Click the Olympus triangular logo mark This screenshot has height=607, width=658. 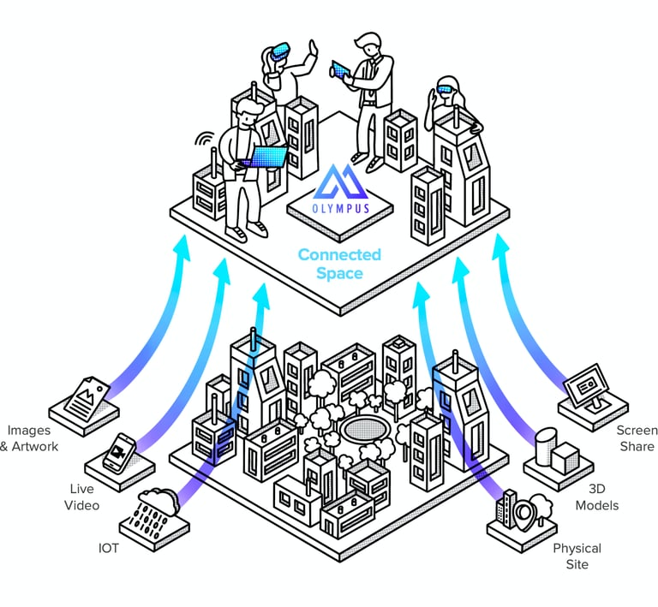click(x=340, y=182)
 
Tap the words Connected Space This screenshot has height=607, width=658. click(x=339, y=265)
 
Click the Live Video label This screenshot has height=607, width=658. click(x=84, y=497)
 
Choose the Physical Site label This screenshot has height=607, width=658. click(x=577, y=556)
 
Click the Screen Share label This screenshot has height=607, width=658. click(x=635, y=437)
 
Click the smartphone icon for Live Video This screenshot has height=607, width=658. click(x=119, y=452)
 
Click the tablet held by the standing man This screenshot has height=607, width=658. click(x=342, y=68)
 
